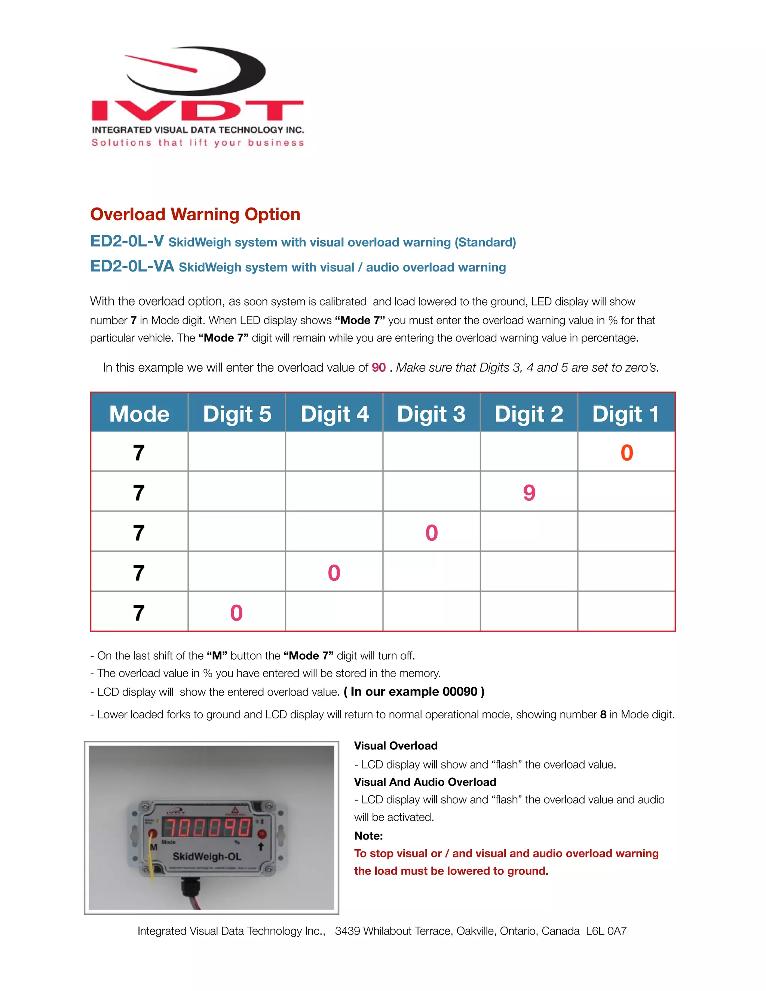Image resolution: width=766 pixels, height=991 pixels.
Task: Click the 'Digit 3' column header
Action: [431, 414]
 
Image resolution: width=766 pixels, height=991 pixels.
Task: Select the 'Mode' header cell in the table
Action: [139, 414]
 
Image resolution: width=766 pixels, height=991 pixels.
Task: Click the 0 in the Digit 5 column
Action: [236, 613]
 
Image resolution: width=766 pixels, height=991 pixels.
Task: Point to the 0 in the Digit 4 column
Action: [334, 573]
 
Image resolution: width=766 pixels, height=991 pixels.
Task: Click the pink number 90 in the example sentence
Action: [379, 368]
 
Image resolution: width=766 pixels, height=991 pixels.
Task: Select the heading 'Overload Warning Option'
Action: [195, 214]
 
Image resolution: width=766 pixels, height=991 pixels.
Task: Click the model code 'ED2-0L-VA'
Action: [132, 266]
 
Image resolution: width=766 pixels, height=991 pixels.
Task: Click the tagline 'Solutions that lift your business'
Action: [198, 143]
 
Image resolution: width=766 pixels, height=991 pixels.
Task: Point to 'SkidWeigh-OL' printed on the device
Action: [207, 857]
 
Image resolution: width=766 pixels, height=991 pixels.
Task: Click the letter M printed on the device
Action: [153, 847]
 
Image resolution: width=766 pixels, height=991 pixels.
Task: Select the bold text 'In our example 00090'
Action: [414, 691]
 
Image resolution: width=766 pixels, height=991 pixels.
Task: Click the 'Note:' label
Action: [368, 836]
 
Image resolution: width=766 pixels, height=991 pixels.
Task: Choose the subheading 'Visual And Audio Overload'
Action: [425, 782]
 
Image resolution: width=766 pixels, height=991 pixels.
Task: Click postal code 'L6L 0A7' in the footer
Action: [606, 931]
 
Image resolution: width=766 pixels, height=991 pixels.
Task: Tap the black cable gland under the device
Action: [190, 887]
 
